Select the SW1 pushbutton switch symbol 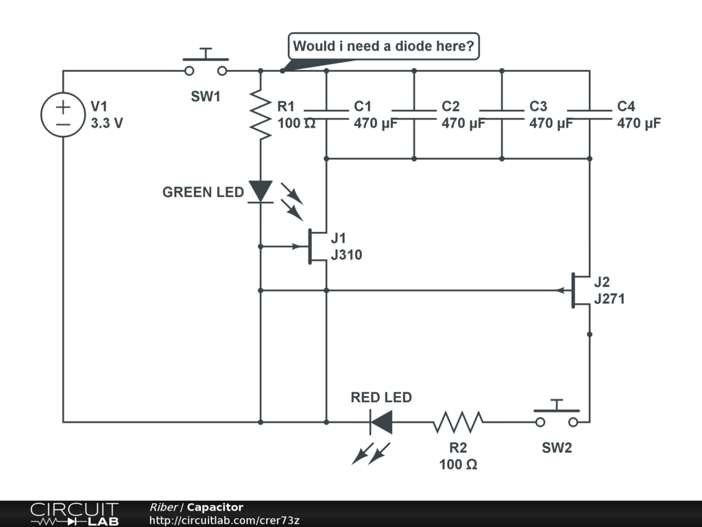click(x=206, y=62)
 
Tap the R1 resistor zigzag click(x=261, y=115)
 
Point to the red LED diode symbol click(x=381, y=422)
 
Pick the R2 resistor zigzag click(x=458, y=422)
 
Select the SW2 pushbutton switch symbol click(x=557, y=413)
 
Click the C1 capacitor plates click(x=326, y=115)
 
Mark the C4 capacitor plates click(x=590, y=115)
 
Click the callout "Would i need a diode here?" click(x=384, y=46)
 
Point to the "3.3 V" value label click(x=107, y=123)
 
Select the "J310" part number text click(x=346, y=255)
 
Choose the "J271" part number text click(x=609, y=298)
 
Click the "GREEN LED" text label click(x=203, y=192)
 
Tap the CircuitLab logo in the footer click(x=74, y=514)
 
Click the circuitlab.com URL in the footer click(x=224, y=520)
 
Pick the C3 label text click(x=538, y=106)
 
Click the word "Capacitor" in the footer click(x=215, y=507)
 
